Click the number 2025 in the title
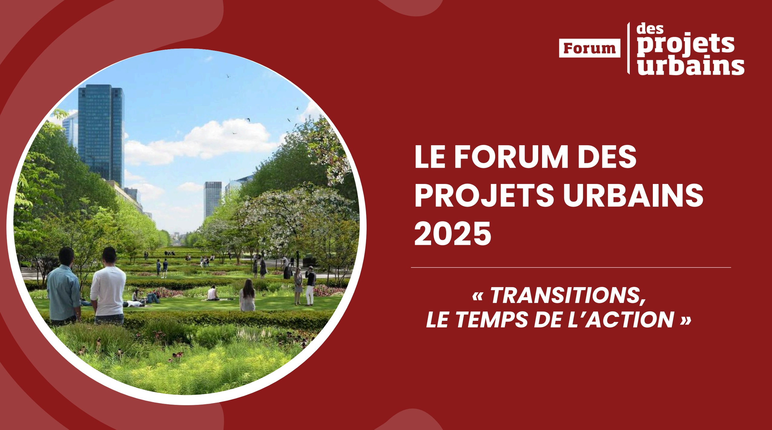(453, 234)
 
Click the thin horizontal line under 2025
(571, 268)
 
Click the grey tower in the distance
(213, 198)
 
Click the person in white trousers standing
(310, 286)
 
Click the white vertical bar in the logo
(629, 48)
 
